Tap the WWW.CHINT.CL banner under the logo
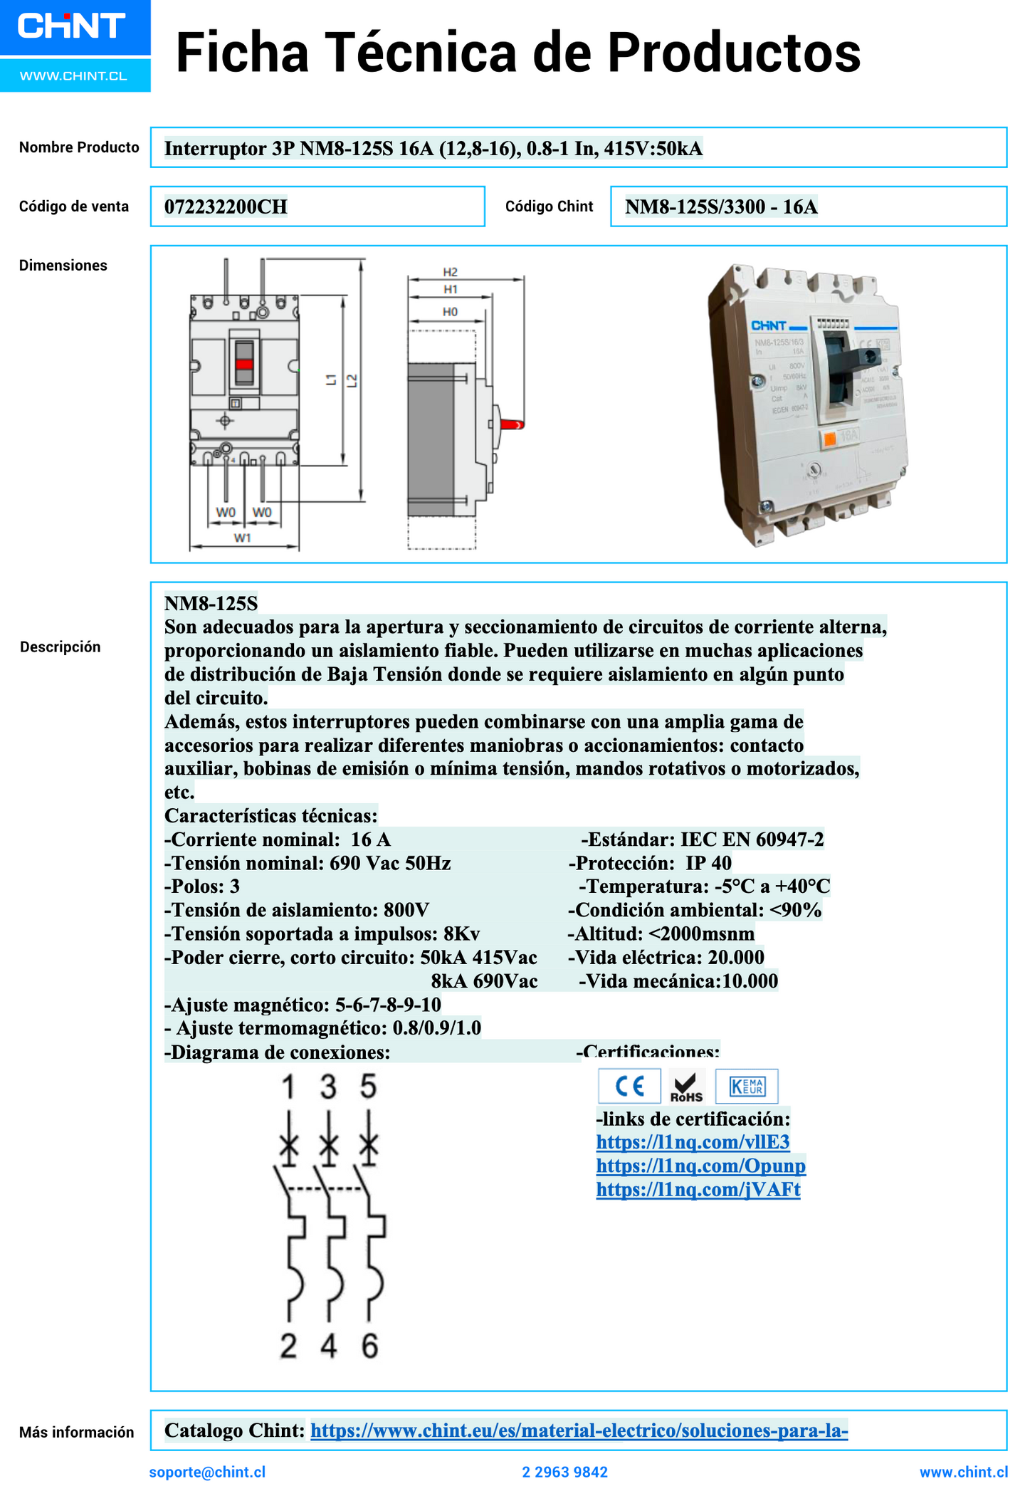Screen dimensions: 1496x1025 (73, 75)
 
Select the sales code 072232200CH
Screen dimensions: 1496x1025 (226, 206)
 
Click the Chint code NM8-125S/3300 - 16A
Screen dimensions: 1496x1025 (720, 206)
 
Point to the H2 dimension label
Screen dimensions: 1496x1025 (450, 272)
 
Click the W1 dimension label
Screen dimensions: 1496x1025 (243, 538)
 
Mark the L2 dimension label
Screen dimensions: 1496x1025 (352, 381)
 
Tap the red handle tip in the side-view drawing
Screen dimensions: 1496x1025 (514, 424)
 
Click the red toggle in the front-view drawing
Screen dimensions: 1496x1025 (244, 364)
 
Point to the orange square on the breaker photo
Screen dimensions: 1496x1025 (829, 439)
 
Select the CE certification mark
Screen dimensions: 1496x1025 (629, 1086)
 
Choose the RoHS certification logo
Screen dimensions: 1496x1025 (687, 1086)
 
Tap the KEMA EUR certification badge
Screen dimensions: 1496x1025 (747, 1086)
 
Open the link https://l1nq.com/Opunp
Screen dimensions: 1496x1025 (700, 1166)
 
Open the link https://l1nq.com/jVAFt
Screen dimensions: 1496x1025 (698, 1189)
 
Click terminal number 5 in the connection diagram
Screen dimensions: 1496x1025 (368, 1087)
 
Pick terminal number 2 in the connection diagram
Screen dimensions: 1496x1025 (288, 1346)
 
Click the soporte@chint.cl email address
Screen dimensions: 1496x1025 (207, 1472)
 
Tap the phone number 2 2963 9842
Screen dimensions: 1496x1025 (565, 1472)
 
